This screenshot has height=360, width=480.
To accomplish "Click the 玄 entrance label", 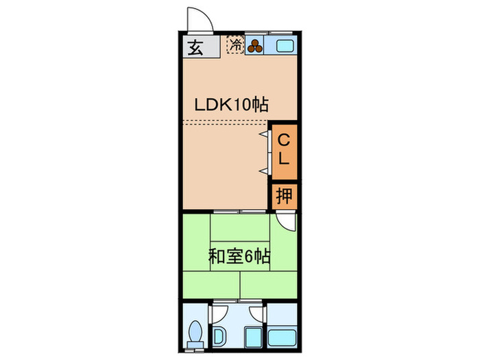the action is pyautogui.click(x=195, y=47).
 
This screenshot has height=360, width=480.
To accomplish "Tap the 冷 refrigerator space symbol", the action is pyautogui.click(x=236, y=45).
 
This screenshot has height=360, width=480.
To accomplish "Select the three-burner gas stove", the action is pyautogui.click(x=254, y=46).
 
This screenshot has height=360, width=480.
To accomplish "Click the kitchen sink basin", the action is pyautogui.click(x=285, y=46).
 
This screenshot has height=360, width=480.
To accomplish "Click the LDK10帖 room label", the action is pyautogui.click(x=232, y=105).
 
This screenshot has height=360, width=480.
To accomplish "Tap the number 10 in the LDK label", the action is pyautogui.click(x=242, y=105).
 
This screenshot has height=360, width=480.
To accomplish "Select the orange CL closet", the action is pyautogui.click(x=285, y=152).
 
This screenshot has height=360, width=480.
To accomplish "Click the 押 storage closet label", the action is pyautogui.click(x=285, y=195).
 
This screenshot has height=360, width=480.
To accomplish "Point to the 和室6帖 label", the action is pyautogui.click(x=239, y=256).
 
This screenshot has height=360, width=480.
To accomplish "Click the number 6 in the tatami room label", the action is pyautogui.click(x=248, y=256).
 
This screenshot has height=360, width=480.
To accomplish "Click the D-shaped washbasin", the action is pyautogui.click(x=219, y=337).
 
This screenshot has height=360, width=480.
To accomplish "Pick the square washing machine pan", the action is pyautogui.click(x=254, y=337).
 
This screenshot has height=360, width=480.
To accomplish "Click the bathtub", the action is pyautogui.click(x=282, y=338).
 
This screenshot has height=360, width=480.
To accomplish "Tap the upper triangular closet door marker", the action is pyautogui.click(x=264, y=134).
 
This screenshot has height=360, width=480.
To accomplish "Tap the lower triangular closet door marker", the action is pyautogui.click(x=264, y=171).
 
